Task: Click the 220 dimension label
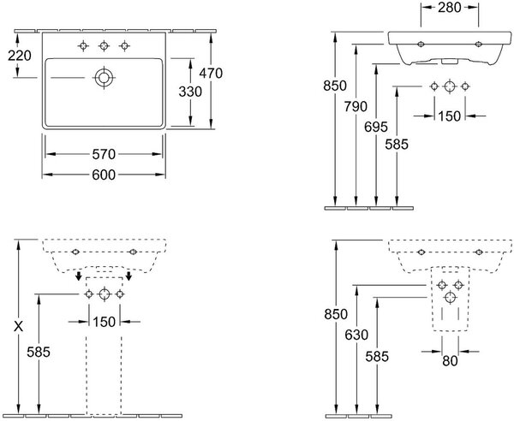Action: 20,56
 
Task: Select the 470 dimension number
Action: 211,73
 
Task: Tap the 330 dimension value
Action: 190,92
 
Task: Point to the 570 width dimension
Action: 104,154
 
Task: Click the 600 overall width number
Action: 104,175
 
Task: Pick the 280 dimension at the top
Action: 450,8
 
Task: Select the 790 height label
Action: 356,106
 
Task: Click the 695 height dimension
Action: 376,127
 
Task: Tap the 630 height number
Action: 356,335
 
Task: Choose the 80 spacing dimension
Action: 450,361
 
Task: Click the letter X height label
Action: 19,326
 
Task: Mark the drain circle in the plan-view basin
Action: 104,78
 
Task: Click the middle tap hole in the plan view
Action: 104,46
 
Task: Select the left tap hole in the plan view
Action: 83,46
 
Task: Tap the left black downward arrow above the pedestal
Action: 78,276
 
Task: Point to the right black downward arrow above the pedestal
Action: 128,276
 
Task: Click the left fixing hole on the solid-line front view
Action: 421,44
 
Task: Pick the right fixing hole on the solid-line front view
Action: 478,44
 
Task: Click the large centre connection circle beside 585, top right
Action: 450,86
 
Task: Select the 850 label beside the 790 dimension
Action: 335,86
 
